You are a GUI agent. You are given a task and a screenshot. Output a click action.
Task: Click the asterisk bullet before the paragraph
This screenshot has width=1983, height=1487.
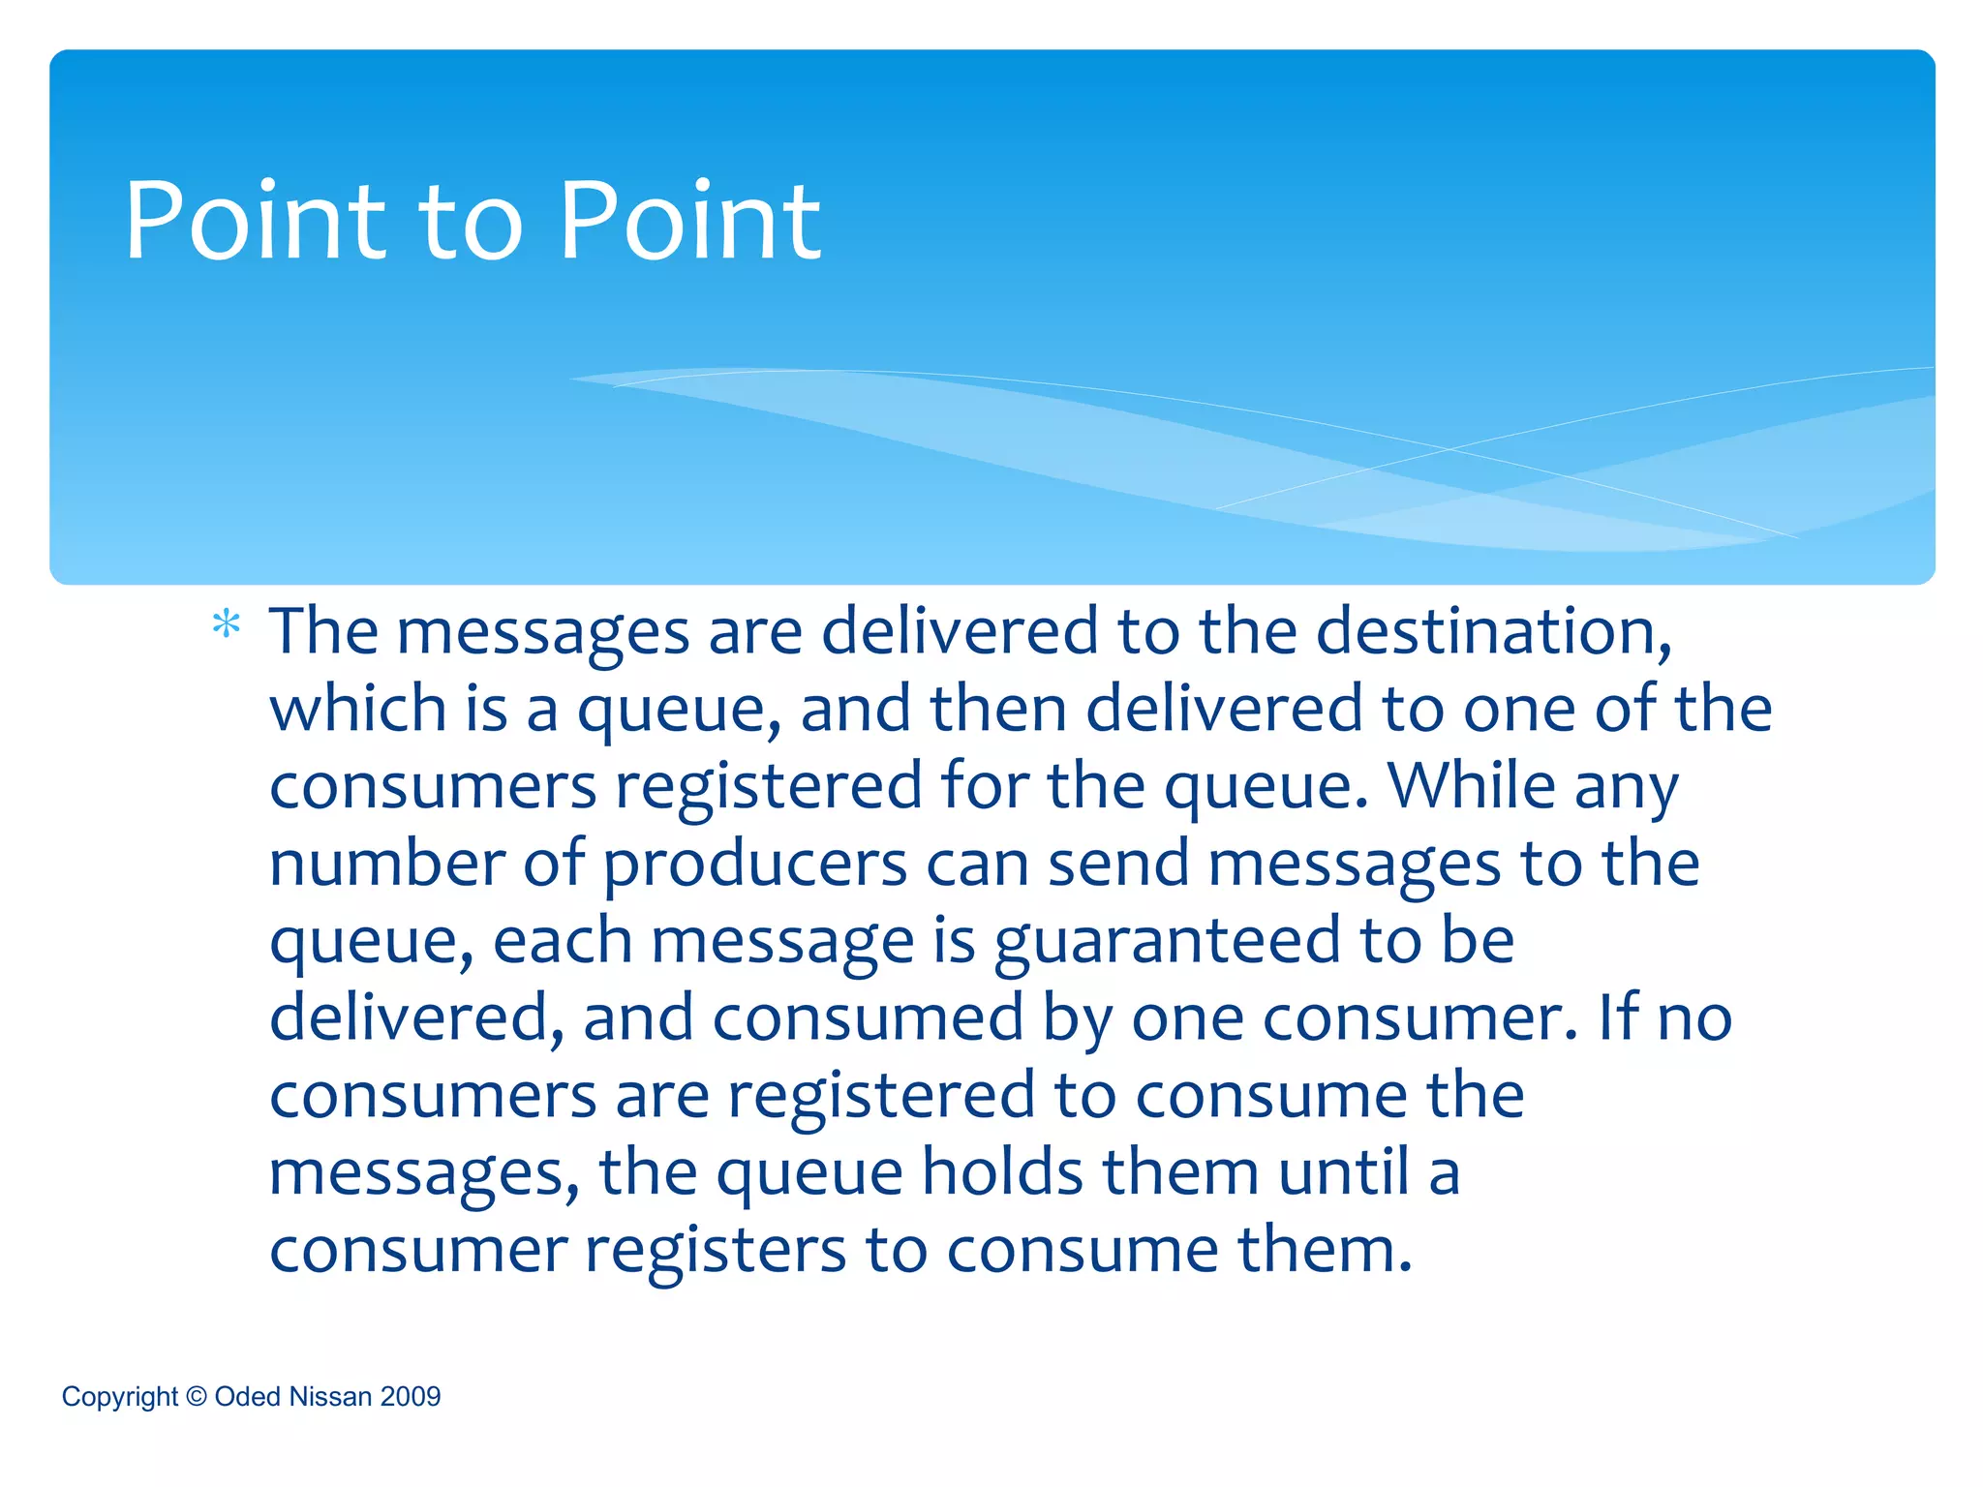[226, 625]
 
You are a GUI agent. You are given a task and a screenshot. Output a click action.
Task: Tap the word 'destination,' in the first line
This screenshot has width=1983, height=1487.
[1493, 632]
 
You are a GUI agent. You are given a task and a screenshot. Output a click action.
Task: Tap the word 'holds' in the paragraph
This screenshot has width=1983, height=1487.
[1002, 1172]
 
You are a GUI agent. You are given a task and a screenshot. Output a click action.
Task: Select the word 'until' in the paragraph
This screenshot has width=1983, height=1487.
[1343, 1172]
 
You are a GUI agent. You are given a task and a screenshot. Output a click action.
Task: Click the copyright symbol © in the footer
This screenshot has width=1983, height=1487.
[197, 1397]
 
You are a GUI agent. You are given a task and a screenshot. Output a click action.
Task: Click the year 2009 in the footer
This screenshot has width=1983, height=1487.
[411, 1397]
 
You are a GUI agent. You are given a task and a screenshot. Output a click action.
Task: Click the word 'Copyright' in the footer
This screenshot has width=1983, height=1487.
[120, 1397]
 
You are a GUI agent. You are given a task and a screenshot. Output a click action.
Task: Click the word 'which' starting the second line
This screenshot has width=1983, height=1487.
[358, 709]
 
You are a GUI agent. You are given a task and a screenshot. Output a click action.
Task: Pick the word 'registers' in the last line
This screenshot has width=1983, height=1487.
[716, 1251]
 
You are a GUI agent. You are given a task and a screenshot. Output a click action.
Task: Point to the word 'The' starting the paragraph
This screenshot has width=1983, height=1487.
[323, 632]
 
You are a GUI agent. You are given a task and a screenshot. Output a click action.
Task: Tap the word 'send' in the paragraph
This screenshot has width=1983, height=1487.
[1118, 864]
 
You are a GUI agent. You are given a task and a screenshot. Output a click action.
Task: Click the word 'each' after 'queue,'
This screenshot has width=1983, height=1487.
[563, 941]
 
